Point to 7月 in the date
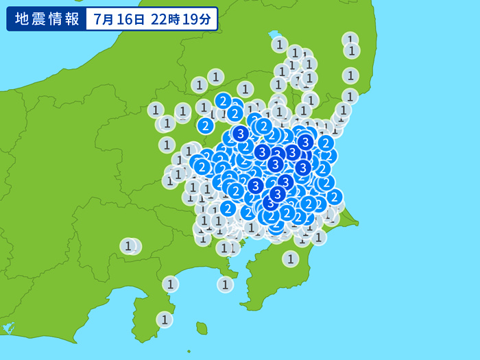coord(105,19)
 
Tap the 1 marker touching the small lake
coord(279,45)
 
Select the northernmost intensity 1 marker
coord(350,40)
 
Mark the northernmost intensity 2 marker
coord(223,101)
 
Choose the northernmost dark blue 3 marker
coord(240,133)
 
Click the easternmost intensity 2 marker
coord(334,197)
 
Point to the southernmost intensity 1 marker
coord(164,319)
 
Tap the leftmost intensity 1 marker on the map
coord(128,245)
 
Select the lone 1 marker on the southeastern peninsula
coord(291,259)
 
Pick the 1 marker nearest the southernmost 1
coord(170,284)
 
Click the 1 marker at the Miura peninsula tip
coord(226,284)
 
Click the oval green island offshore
coord(202,328)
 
